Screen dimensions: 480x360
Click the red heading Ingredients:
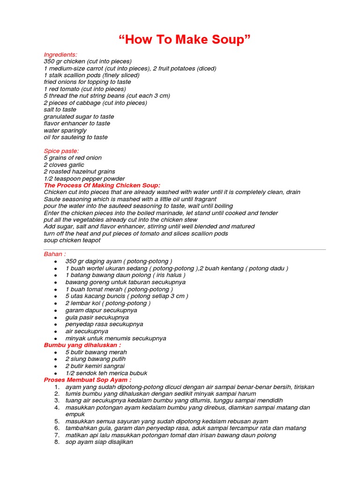[60, 54]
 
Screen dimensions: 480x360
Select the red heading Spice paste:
[61, 151]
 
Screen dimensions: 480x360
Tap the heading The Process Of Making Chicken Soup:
[102, 185]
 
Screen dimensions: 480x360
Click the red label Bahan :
[55, 254]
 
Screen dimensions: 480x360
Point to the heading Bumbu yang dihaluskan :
[82, 345]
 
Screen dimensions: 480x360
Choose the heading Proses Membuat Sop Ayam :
[87, 380]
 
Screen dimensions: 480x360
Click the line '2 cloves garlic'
[64, 165]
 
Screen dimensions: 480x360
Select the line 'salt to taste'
[60, 110]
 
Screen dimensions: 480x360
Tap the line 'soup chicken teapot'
[72, 240]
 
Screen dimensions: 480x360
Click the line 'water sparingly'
[65, 130]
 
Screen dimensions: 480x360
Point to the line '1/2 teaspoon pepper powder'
[84, 179]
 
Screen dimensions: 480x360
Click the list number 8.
[56, 442]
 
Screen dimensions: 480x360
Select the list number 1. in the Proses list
[56, 387]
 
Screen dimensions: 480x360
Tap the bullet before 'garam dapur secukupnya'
[56, 311]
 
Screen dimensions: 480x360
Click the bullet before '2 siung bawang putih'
[56, 360]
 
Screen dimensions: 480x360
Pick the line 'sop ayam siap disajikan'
[99, 442]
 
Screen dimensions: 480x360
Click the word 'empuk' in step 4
[75, 414]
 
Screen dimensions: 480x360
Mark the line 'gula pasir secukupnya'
[97, 317]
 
